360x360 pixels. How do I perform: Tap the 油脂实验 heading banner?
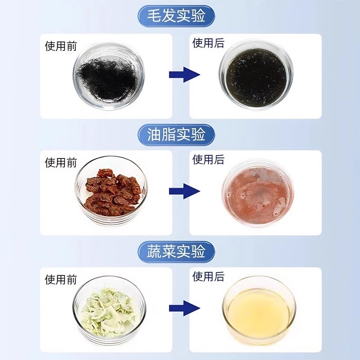coord(176,134)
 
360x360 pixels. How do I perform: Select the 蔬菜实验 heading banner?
coord(176,252)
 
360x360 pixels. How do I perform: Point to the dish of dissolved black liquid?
coord(256,77)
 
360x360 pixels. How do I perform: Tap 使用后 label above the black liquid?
coord(208,43)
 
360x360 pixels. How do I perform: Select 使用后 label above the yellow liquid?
coord(208,277)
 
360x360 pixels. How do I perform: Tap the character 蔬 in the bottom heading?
coord(155,252)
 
